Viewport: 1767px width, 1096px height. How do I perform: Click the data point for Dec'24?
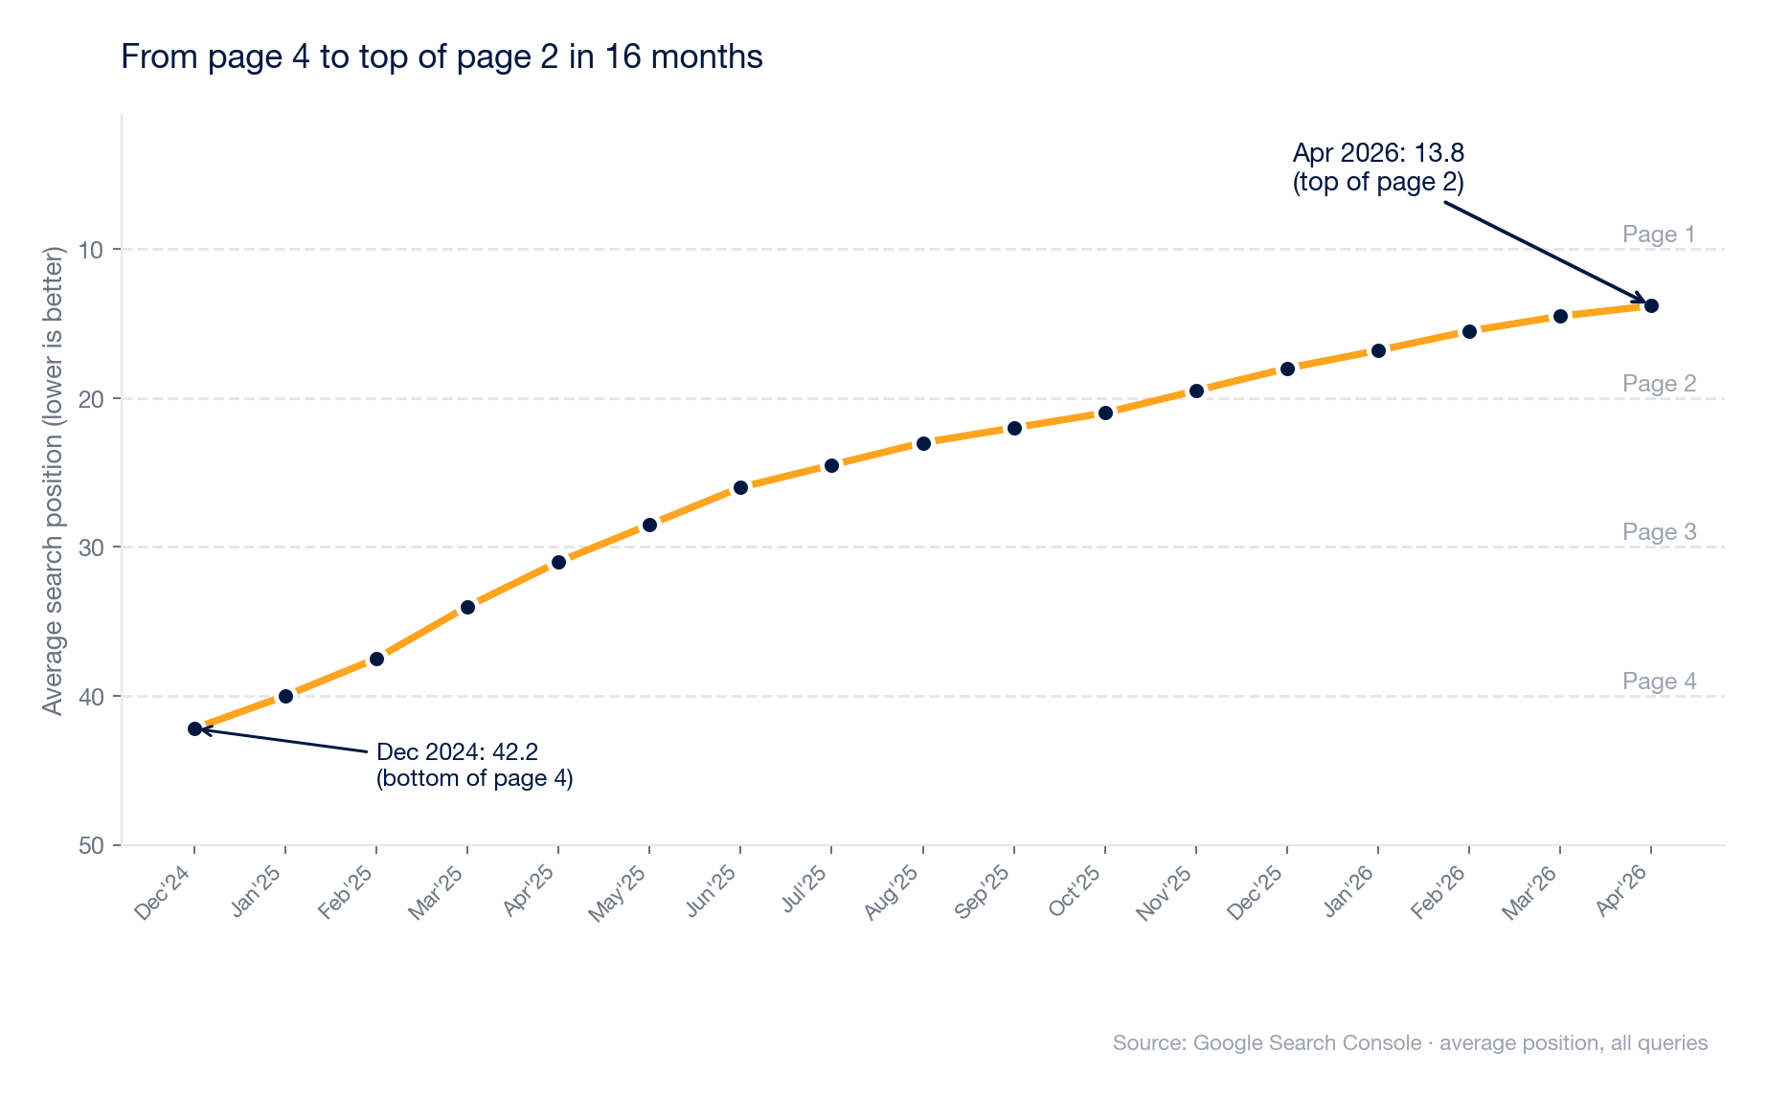pos(194,728)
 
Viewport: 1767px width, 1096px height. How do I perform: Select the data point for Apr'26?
pos(1651,305)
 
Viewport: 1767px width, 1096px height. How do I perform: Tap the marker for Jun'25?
pos(740,487)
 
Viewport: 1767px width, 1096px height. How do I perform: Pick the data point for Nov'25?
pos(1196,391)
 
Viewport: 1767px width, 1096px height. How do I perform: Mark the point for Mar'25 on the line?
pos(467,607)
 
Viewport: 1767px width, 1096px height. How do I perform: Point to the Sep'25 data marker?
pos(1014,428)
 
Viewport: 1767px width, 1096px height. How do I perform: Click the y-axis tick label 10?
pos(92,250)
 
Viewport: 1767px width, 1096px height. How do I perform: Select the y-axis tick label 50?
pos(92,845)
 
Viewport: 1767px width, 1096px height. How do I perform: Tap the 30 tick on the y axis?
pos(92,548)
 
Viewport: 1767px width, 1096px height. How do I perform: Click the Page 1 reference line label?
pos(1659,235)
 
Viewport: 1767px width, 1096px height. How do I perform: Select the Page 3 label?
pos(1659,532)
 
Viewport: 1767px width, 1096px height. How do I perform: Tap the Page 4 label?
pos(1659,681)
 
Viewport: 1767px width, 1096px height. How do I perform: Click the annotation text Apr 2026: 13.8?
pos(1378,153)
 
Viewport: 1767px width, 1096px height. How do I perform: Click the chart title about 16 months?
pos(442,57)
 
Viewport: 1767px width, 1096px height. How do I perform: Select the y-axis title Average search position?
pos(54,481)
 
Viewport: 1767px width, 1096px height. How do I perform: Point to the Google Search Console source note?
pos(1410,1042)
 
